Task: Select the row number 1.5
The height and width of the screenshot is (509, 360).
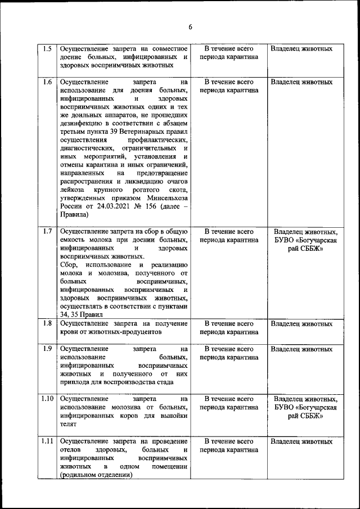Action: pos(47,48)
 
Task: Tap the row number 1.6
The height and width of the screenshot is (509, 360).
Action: pos(47,82)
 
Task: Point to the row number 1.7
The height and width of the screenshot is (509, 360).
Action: pos(47,231)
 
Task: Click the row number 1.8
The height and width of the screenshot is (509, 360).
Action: pos(47,323)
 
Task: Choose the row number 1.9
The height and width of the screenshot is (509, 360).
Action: pos(47,349)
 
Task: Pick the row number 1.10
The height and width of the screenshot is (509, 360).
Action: pos(47,399)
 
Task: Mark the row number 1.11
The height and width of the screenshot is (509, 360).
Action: pos(47,441)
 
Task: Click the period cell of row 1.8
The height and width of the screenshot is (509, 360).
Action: pos(229,328)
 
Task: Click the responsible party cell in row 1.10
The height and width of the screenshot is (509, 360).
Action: pos(305,408)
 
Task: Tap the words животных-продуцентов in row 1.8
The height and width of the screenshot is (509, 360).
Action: pos(121,332)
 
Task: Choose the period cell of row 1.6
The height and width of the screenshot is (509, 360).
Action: pos(229,86)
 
